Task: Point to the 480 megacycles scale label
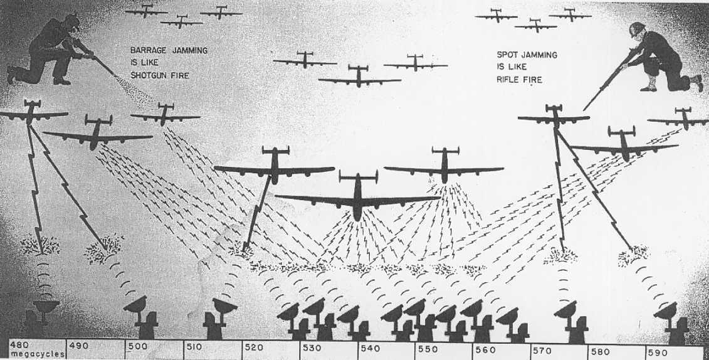(x=19, y=346)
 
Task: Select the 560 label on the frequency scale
(x=485, y=350)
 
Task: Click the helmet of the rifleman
(x=637, y=28)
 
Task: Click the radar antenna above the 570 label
(x=566, y=310)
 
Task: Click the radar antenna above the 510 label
(x=224, y=305)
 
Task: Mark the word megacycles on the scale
(x=37, y=354)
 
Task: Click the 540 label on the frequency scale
(x=370, y=349)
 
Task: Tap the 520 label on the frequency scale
(x=254, y=347)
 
